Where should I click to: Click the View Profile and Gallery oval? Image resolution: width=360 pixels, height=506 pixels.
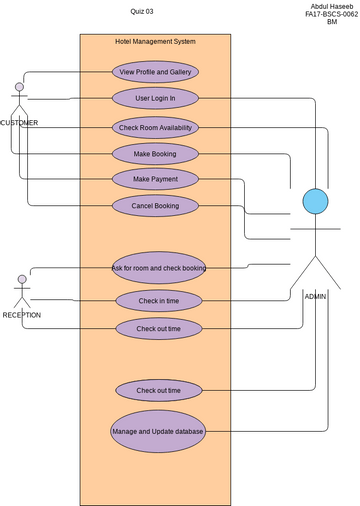155,72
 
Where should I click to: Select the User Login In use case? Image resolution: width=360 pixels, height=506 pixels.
155,98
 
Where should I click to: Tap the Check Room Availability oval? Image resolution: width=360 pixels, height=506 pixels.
155,127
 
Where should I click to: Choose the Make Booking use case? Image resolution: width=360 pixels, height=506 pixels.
155,153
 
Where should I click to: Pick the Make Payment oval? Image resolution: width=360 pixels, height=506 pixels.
155,179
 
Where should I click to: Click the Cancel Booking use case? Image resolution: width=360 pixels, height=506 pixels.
155,206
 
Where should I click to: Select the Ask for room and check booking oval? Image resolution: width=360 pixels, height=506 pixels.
158,268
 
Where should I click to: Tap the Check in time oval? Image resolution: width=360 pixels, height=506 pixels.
158,301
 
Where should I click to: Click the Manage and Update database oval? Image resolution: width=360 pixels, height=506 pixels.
158,431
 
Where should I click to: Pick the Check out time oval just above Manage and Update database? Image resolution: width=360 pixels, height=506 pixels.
158,390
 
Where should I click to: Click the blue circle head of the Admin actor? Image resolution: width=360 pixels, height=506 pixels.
315,201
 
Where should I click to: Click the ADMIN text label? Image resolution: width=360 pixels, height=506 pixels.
317,297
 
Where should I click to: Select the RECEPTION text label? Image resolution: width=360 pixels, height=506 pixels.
22,315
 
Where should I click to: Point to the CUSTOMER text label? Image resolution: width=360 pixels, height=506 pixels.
19,123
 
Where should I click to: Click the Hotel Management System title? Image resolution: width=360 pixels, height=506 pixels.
155,42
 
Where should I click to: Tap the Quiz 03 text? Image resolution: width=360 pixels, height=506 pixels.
142,10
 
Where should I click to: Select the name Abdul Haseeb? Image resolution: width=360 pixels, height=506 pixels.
331,6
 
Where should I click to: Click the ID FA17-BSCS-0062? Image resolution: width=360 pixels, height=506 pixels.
331,14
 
